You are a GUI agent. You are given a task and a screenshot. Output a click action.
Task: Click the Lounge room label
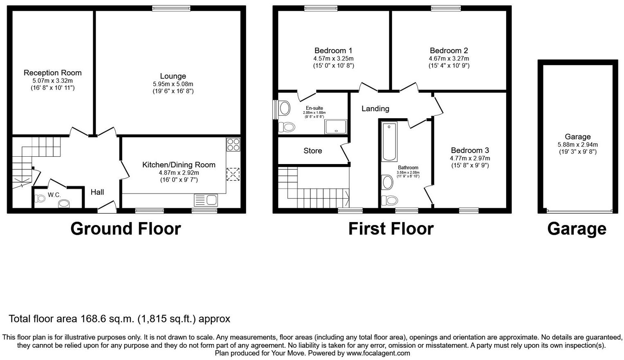click(173, 76)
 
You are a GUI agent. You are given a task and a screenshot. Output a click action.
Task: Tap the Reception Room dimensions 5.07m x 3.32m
click(52, 81)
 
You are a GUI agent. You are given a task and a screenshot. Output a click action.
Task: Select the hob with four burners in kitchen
click(233, 144)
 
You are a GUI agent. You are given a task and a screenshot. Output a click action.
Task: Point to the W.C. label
click(54, 195)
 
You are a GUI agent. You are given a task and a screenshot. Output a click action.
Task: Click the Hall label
click(97, 192)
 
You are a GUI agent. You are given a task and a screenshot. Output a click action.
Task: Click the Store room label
click(312, 151)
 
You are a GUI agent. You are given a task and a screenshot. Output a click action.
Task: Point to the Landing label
click(375, 109)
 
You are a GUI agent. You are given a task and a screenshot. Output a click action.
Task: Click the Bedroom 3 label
click(470, 151)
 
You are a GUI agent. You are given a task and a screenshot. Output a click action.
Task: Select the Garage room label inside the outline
click(577, 137)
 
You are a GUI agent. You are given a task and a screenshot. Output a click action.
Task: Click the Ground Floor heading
click(126, 229)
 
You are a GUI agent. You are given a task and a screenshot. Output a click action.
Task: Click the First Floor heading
click(391, 229)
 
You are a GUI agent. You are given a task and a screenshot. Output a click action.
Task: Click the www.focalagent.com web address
click(378, 353)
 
